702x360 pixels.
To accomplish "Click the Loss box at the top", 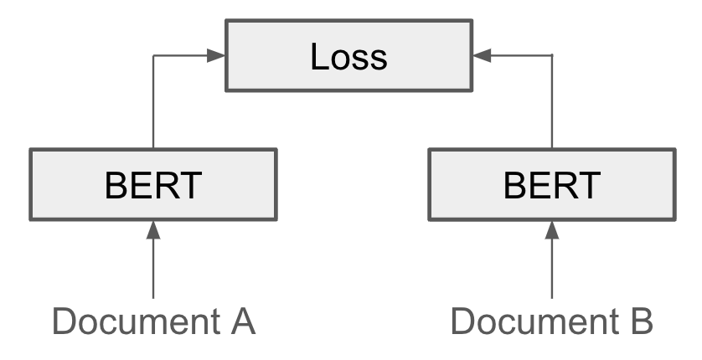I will coord(348,57).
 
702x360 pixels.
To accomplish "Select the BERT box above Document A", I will coord(153,184).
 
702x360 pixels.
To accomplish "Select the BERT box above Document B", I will coord(551,184).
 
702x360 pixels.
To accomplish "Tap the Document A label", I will coord(153,321).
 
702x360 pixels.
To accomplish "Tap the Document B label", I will coord(551,321).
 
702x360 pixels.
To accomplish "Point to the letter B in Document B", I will coord(639,321).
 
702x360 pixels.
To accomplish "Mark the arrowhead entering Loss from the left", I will coord(217,56).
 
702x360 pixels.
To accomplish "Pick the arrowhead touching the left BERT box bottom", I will coord(153,228).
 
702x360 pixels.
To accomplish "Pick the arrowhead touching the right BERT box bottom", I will coord(551,228).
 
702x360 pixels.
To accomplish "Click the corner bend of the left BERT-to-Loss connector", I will coord(153,56).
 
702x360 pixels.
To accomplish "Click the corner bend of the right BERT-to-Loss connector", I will coord(551,56).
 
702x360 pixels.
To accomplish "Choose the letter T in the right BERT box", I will coord(588,184).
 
